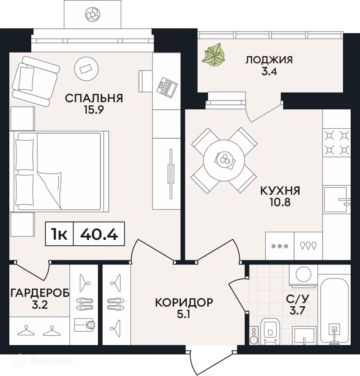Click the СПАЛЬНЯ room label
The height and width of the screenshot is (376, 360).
(x=94, y=98)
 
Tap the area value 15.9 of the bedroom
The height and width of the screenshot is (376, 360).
(x=94, y=110)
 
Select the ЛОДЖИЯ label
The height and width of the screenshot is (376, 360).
(x=269, y=60)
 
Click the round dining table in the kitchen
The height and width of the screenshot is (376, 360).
(x=224, y=159)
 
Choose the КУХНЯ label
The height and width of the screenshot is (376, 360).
(x=280, y=190)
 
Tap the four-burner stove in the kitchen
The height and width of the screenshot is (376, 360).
(x=337, y=142)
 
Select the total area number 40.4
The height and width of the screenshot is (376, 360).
(x=99, y=234)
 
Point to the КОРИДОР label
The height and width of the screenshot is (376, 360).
(x=184, y=303)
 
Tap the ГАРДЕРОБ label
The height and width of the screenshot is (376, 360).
(x=40, y=293)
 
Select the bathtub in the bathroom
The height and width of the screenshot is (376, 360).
(x=334, y=311)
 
